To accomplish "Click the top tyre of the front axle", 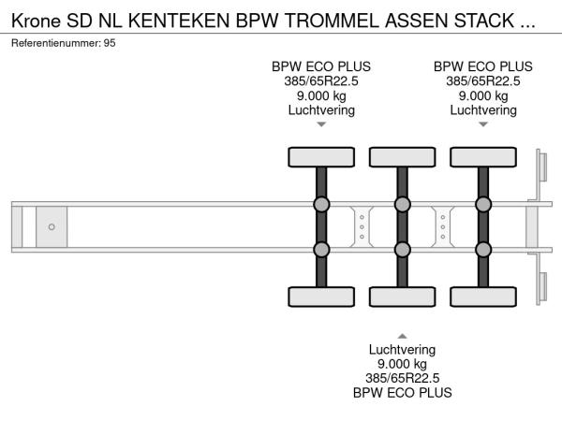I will [321, 156].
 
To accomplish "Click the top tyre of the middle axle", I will [403, 156].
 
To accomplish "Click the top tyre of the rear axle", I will [483, 156].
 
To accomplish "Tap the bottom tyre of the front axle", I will [321, 298].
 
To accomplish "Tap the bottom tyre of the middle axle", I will [403, 298].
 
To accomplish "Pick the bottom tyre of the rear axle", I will [483, 298].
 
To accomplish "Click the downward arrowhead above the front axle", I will [321, 124].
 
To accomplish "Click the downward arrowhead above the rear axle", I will [483, 124].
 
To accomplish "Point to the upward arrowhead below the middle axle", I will [403, 335].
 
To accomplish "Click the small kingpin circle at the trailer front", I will [52, 226].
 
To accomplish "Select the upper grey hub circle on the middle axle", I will [403, 204].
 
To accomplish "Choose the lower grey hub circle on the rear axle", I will [483, 249].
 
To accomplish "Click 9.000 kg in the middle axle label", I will [403, 364].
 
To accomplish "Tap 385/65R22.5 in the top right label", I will [483, 80].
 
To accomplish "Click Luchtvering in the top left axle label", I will [321, 109].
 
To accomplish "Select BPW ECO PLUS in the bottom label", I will [403, 393].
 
